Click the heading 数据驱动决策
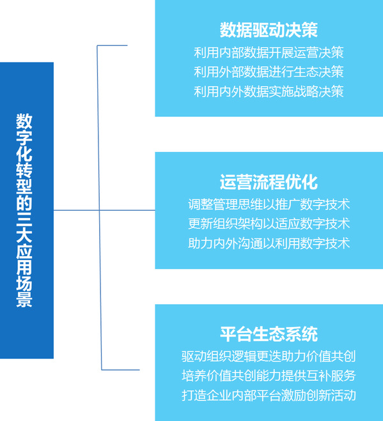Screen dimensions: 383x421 click(269, 30)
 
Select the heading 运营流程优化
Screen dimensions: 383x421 click(269, 182)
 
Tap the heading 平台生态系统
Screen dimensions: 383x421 click(269, 334)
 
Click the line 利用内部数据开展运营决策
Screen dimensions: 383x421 click(269, 52)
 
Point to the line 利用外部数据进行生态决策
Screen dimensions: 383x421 click(269, 72)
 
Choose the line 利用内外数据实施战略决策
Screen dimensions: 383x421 click(269, 91)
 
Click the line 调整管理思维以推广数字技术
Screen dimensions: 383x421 click(269, 204)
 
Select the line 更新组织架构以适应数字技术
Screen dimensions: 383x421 click(269, 224)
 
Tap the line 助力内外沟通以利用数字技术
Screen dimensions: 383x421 click(269, 243)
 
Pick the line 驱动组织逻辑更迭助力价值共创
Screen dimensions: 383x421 click(269, 356)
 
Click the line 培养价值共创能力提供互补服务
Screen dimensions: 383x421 click(269, 376)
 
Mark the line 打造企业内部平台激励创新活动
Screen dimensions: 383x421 click(269, 395)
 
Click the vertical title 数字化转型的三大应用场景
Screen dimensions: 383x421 click(24, 211)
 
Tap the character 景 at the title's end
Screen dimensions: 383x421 click(24, 300)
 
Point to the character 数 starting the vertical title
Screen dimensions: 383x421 click(24, 121)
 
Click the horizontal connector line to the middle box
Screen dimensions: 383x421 click(104, 210)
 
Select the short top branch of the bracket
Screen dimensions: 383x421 click(112, 45)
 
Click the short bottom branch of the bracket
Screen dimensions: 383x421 click(120, 370)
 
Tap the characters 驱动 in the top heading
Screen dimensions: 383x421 click(269, 30)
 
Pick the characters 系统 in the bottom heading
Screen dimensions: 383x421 click(302, 334)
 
